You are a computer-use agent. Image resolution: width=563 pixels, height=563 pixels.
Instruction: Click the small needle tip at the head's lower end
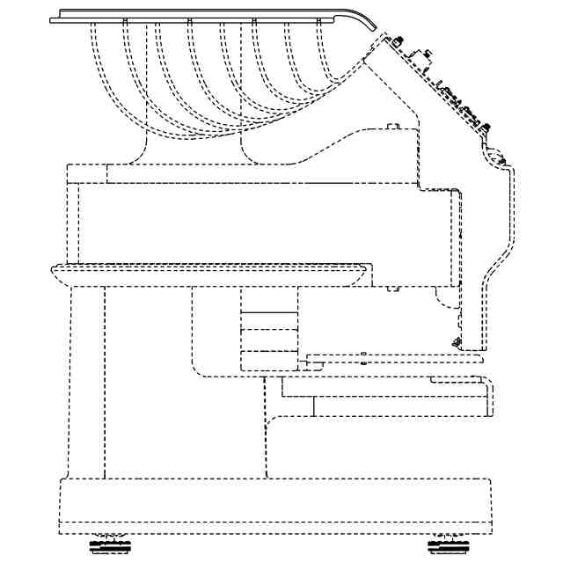pos(455,341)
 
